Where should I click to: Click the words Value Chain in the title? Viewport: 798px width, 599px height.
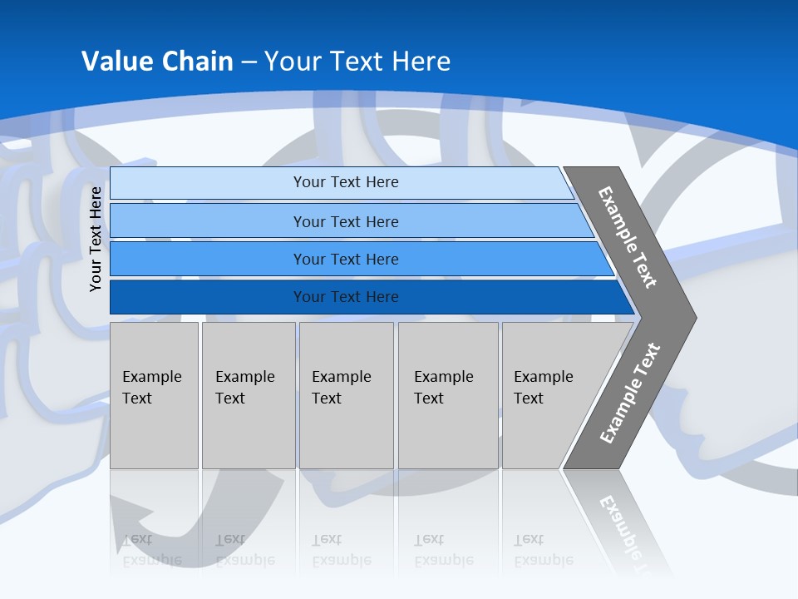(157, 61)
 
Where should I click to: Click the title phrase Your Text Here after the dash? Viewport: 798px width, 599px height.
(357, 61)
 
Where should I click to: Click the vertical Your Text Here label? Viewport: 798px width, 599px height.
(96, 239)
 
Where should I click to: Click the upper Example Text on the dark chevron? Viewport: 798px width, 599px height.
(628, 237)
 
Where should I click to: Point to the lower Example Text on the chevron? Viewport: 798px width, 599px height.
(630, 393)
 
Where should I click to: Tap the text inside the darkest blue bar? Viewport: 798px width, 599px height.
(346, 297)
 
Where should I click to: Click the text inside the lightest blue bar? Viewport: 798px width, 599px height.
(346, 182)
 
